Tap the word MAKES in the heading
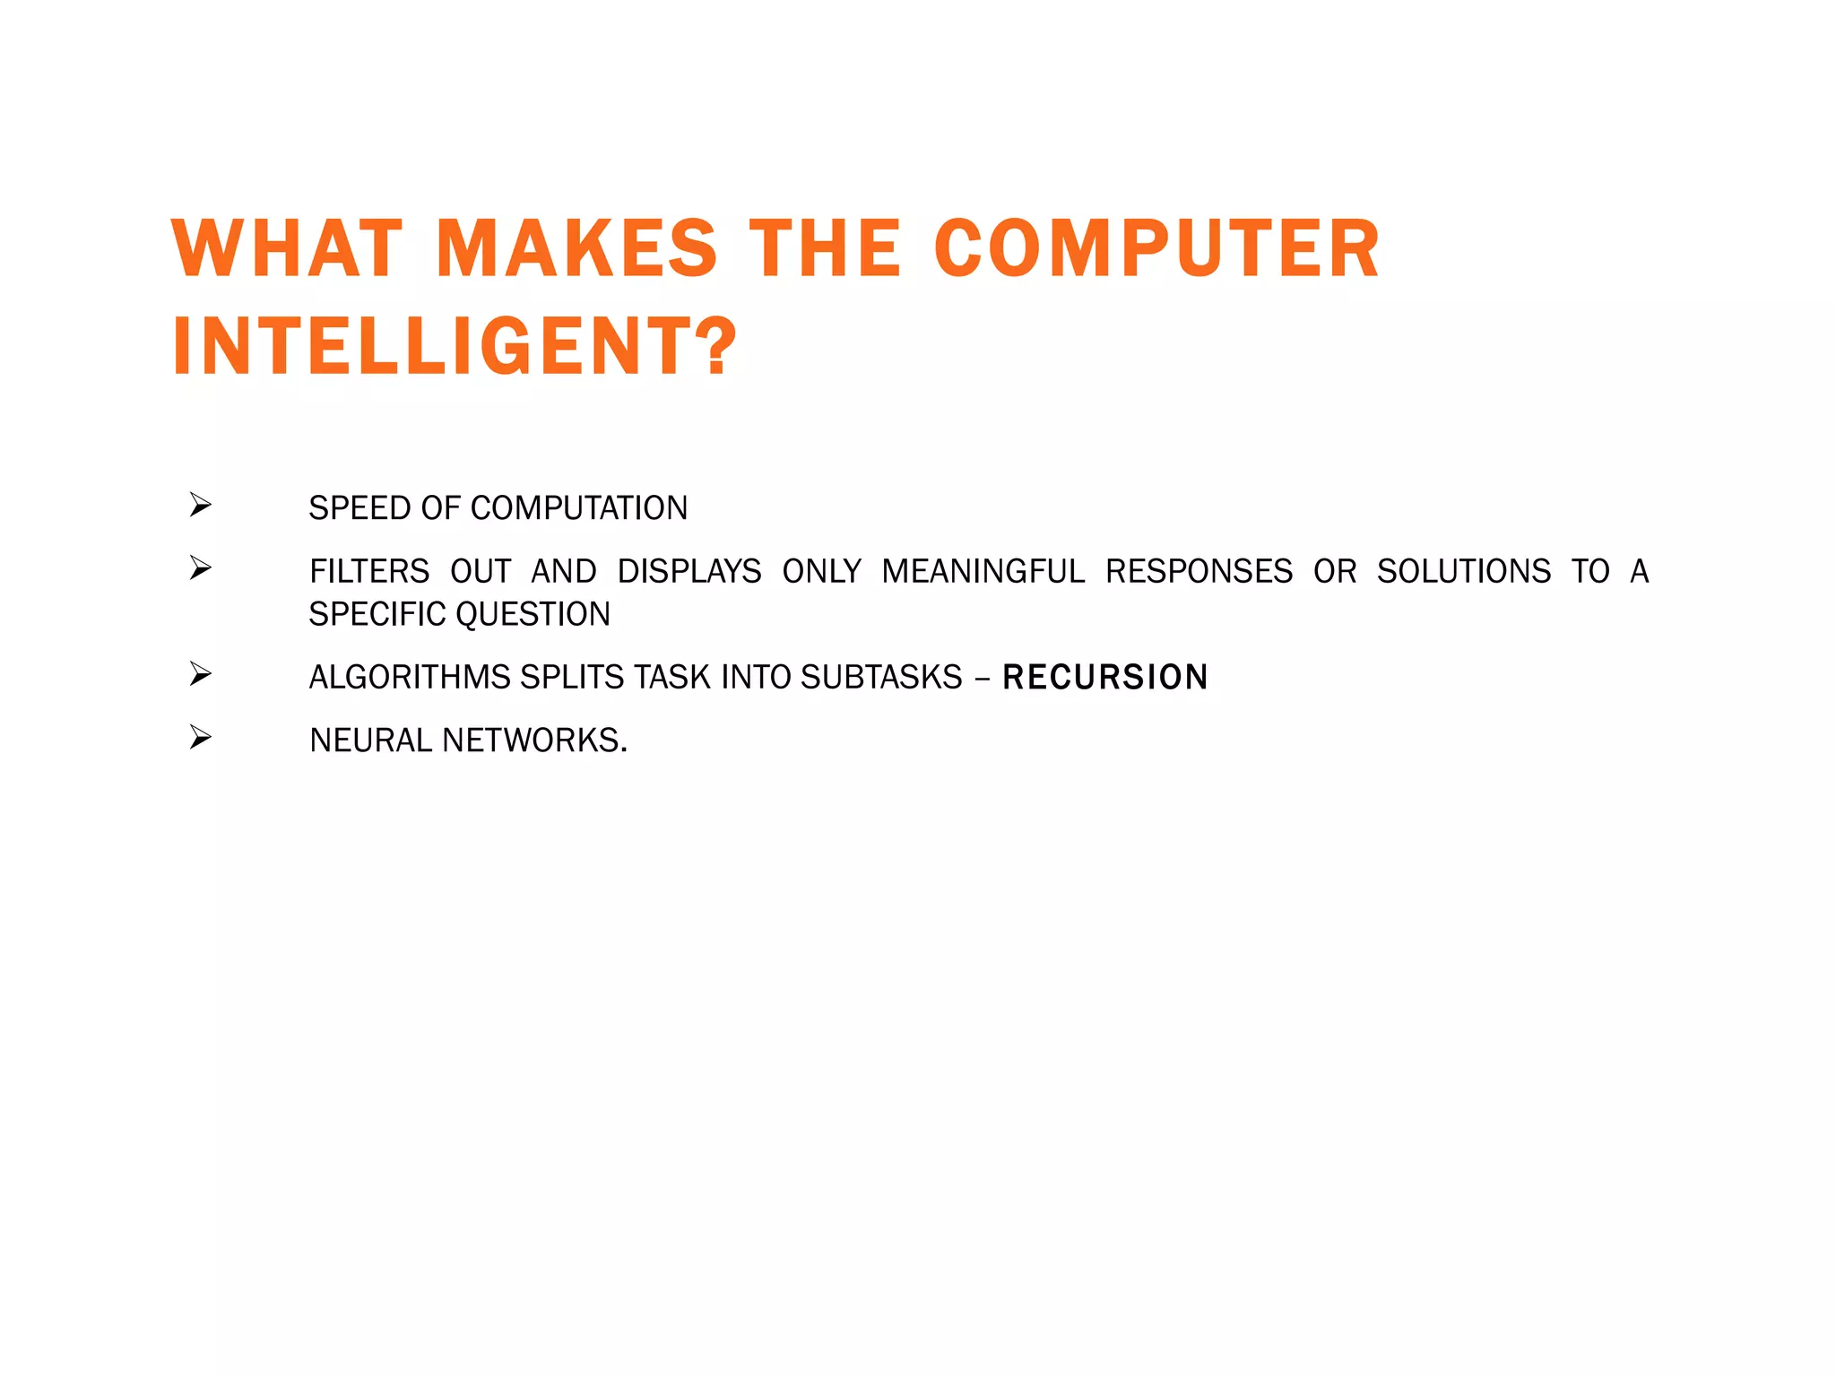[576, 248]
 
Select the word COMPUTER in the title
[1156, 248]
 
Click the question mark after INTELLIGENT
[718, 347]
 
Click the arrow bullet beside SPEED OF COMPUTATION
[201, 506]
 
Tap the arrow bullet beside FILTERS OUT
[201, 567]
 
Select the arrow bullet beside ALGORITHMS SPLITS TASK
[201, 673]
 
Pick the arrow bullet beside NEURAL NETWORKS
[201, 737]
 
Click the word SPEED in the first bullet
[359, 508]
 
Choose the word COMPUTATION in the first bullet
[579, 508]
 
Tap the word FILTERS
[369, 571]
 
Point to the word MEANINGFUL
[983, 571]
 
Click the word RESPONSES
[1199, 571]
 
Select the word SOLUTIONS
[1463, 571]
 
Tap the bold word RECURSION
[1105, 677]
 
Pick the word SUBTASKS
[881, 677]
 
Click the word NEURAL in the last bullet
[371, 740]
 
